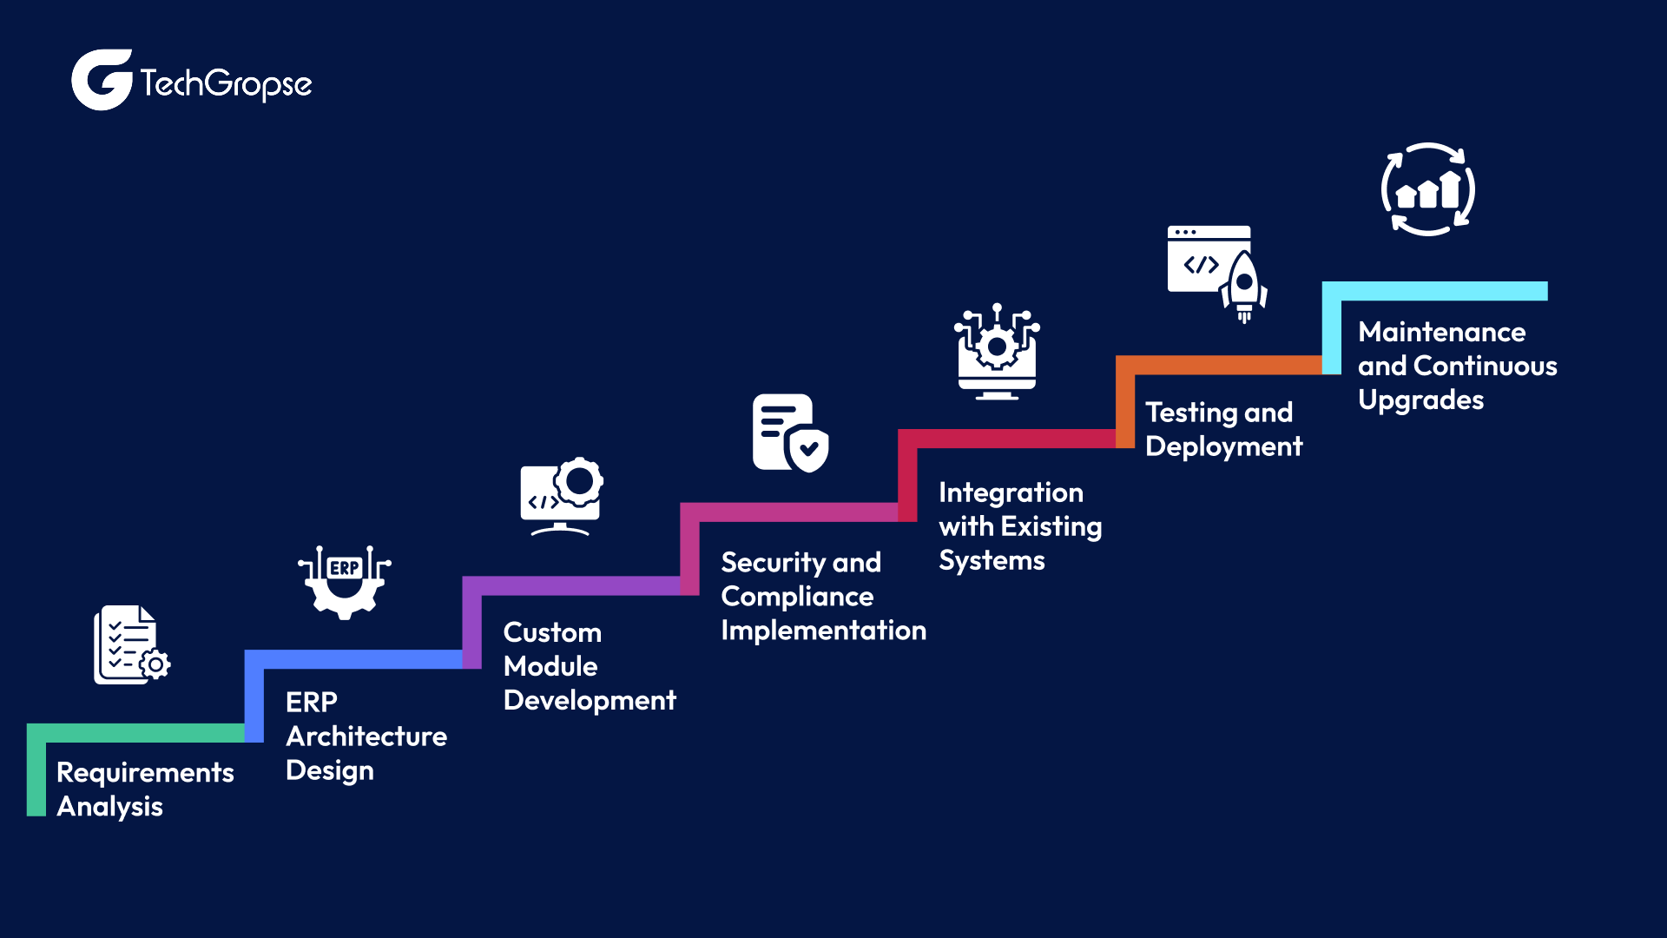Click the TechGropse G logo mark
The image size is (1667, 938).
point(101,80)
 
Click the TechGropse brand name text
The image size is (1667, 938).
point(226,84)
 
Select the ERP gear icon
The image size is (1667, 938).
point(345,581)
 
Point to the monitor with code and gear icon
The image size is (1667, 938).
point(561,496)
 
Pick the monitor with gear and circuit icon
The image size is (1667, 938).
point(997,352)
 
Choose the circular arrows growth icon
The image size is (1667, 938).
point(1428,189)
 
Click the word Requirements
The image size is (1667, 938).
point(145,772)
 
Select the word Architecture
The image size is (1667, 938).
point(366,737)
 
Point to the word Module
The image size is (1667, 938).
point(550,666)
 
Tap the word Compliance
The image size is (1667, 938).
point(797,597)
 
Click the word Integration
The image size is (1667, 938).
point(1011,492)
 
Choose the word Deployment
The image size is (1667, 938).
point(1223,446)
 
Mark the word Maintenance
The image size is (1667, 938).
point(1441,332)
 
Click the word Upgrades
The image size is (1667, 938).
point(1420,400)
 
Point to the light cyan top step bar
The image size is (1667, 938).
point(1441,291)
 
